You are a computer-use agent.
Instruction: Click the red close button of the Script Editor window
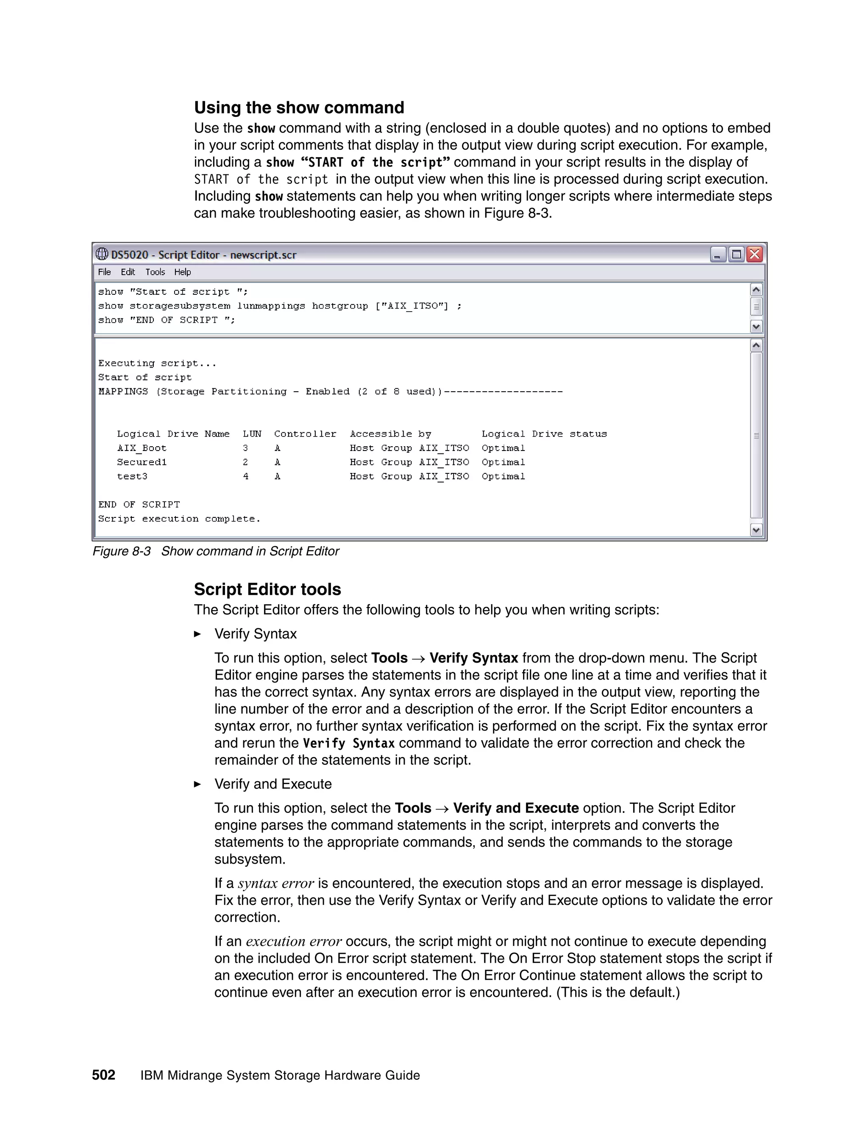[x=754, y=254]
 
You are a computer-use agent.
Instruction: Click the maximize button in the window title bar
[x=736, y=254]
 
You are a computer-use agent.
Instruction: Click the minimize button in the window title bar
[x=718, y=254]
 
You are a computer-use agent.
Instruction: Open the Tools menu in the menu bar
[x=155, y=272]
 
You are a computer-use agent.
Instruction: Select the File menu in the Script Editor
[x=104, y=272]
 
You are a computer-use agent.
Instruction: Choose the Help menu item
[x=182, y=272]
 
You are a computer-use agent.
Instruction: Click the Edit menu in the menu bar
[x=128, y=272]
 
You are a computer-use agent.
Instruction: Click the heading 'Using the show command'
[x=299, y=108]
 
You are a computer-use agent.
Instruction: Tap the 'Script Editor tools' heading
[x=267, y=589]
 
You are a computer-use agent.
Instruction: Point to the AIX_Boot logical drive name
[x=142, y=448]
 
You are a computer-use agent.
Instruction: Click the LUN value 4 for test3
[x=246, y=476]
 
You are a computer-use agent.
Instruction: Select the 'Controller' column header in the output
[x=305, y=434]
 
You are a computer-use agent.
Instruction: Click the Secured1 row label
[x=142, y=462]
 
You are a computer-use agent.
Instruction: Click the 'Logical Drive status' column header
[x=544, y=434]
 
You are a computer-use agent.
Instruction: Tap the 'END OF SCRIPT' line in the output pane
[x=139, y=505]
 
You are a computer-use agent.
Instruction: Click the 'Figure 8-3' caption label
[x=121, y=551]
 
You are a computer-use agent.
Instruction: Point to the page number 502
[x=103, y=1075]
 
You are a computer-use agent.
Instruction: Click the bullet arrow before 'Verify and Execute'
[x=198, y=784]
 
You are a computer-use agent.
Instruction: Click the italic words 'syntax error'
[x=275, y=884]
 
